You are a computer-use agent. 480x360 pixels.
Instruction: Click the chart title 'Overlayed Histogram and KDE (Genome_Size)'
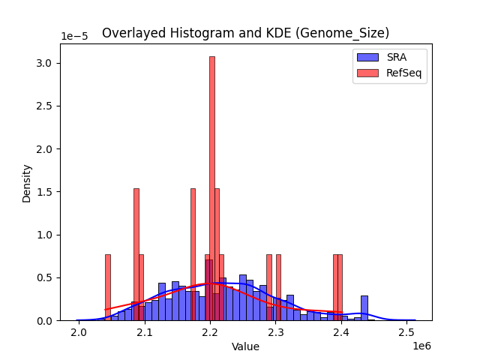pyautogui.click(x=245, y=33)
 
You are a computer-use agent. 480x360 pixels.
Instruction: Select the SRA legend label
pyautogui.click(x=396, y=57)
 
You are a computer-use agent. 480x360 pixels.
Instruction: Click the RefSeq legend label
pyautogui.click(x=402, y=73)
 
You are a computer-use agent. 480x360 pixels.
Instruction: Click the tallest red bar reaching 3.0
pyautogui.click(x=212, y=187)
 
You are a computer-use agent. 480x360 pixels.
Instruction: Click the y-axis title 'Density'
pyautogui.click(x=27, y=183)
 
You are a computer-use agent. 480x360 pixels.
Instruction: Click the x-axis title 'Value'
pyautogui.click(x=245, y=347)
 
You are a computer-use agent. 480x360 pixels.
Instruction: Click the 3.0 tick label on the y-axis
pyautogui.click(x=46, y=63)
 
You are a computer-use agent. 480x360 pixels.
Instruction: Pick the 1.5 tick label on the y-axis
pyautogui.click(x=46, y=192)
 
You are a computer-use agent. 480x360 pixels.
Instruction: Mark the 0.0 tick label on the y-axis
pyautogui.click(x=46, y=320)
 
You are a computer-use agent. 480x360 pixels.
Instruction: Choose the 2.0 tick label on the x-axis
pyautogui.click(x=79, y=332)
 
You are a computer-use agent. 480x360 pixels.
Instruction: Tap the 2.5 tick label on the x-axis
pyautogui.click(x=407, y=332)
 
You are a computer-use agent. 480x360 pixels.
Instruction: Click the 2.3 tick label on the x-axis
pyautogui.click(x=276, y=332)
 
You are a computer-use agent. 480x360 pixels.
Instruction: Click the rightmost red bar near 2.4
pyautogui.click(x=340, y=287)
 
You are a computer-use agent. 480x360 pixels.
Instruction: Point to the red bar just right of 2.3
pyautogui.click(x=278, y=287)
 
